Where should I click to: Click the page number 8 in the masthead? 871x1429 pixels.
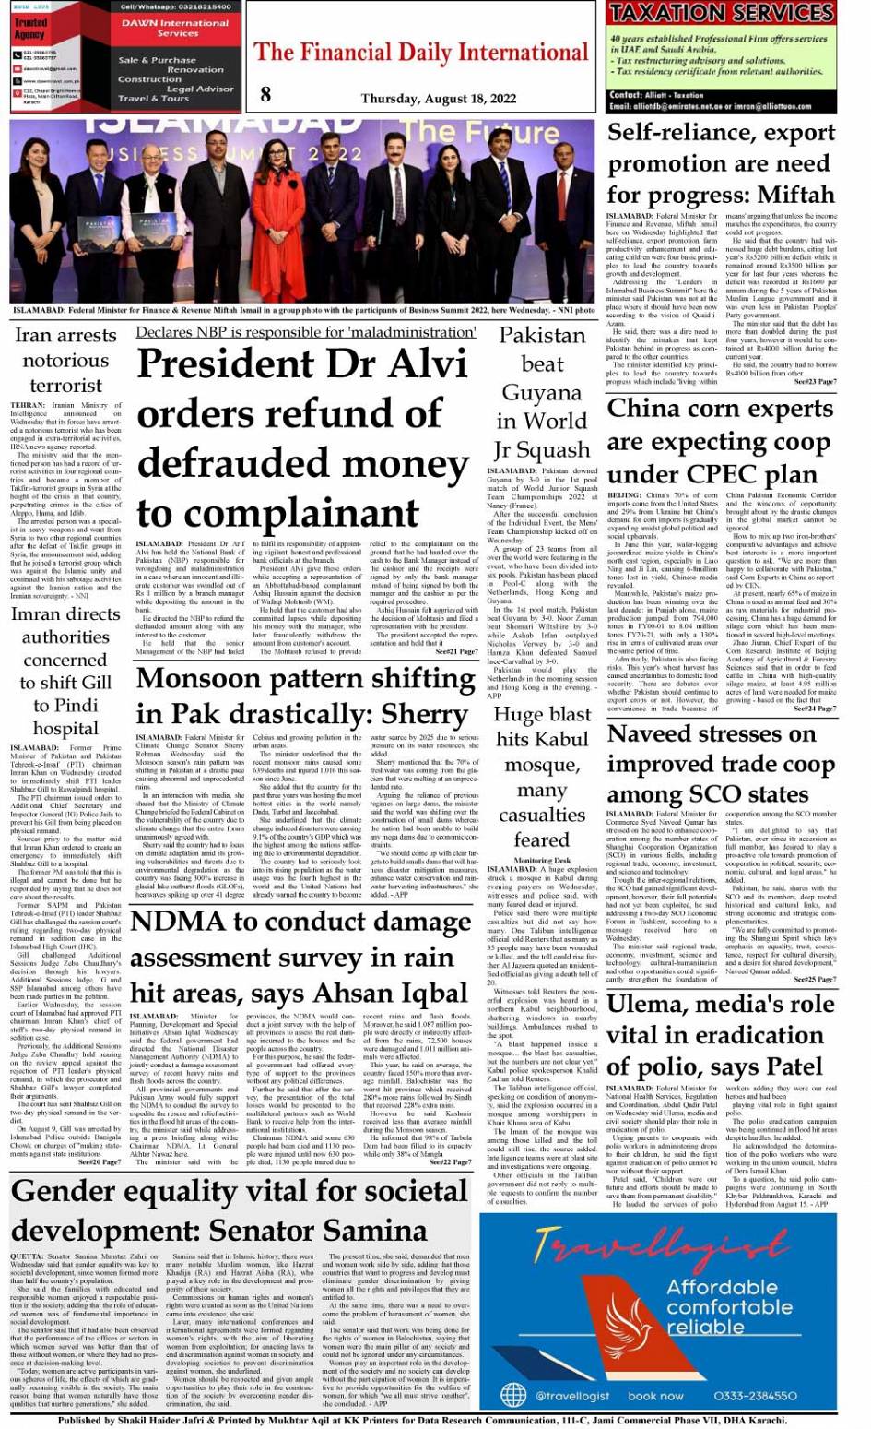[265, 93]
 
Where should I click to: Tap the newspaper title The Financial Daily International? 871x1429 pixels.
[420, 53]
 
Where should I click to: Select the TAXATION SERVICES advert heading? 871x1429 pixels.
[721, 13]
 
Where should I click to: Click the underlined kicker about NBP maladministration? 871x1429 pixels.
[306, 332]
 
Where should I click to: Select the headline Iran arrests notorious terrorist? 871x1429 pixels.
[65, 360]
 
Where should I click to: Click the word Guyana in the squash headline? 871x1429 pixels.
[542, 394]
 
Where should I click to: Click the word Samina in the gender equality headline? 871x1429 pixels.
[359, 1231]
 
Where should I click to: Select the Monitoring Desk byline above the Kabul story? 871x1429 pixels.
[542, 861]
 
